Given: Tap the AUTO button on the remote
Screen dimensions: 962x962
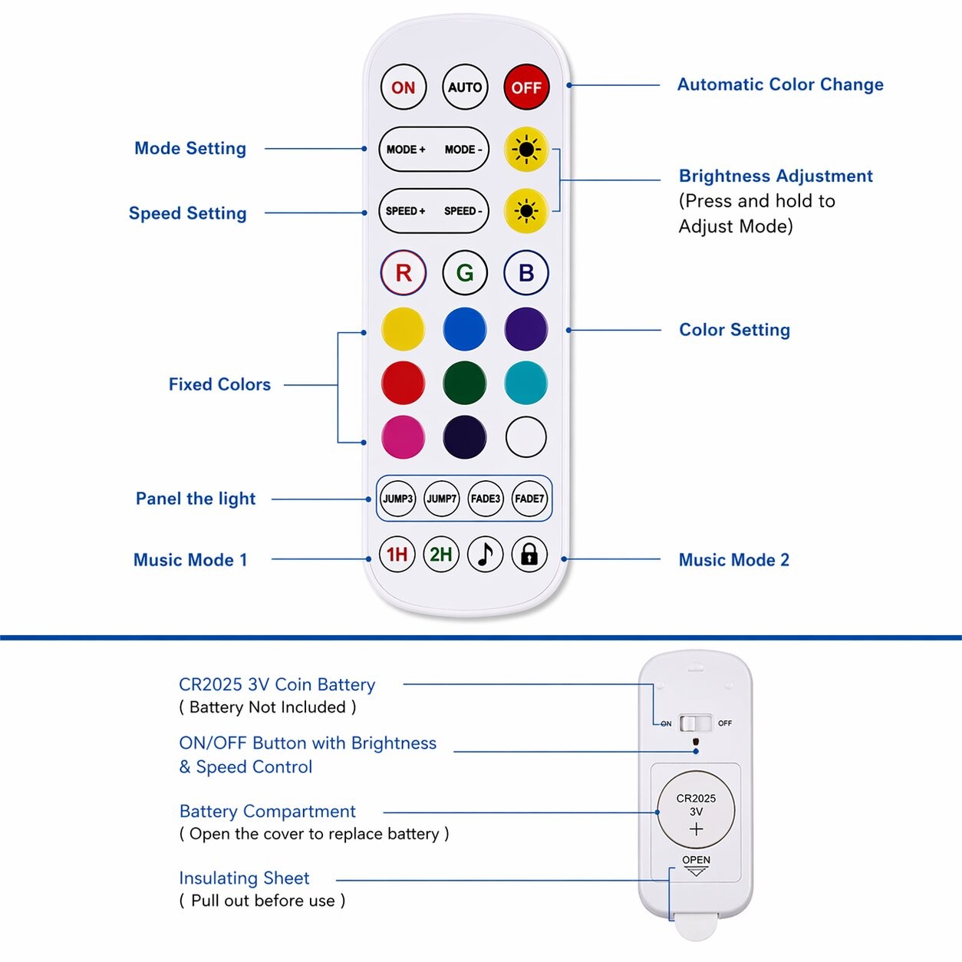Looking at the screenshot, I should pos(465,87).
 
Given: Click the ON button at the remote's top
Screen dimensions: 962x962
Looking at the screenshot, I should pos(403,87).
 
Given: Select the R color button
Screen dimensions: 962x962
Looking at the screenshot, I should pos(404,272).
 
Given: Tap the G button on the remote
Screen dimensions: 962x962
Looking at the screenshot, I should pos(465,272).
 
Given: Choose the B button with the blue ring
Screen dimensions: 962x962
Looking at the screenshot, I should pos(526,272).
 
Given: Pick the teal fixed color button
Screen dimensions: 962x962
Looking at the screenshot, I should pos(526,383).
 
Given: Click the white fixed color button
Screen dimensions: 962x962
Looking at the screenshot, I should pos(526,437).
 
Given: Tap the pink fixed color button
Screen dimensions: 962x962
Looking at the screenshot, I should pos(403,437).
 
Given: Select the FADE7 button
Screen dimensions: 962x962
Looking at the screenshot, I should pos(529,499).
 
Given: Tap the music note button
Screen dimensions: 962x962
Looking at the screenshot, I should pos(485,554).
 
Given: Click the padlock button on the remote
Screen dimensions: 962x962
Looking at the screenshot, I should pos(529,554).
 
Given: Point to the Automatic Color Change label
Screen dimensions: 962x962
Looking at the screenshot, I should pos(779,84).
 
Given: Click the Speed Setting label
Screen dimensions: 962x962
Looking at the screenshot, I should pos(187,213).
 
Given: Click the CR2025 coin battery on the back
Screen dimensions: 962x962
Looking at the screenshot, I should pos(696,810).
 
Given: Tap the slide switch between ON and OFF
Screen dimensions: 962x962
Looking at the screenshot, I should pos(696,723).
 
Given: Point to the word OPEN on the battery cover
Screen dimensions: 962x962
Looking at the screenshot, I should pos(696,860).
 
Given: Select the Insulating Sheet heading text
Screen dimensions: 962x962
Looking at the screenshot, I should pos(244,878).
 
